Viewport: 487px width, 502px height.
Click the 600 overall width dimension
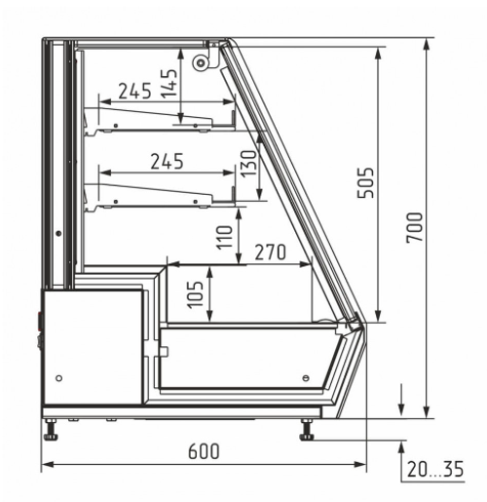pyautogui.click(x=204, y=451)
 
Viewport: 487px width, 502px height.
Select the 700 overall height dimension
pyautogui.click(x=415, y=227)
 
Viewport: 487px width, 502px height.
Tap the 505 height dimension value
pyautogui.click(x=365, y=182)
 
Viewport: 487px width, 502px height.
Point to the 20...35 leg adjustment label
pyautogui.click(x=435, y=469)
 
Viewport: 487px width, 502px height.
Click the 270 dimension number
pyautogui.click(x=271, y=252)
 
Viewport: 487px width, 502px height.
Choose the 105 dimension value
pyautogui.click(x=195, y=294)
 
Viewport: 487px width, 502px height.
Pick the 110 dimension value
pyautogui.click(x=225, y=238)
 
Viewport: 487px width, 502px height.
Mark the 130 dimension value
pyautogui.click(x=249, y=163)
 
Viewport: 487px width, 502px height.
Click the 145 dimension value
pyautogui.click(x=169, y=84)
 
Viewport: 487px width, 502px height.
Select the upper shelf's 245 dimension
pyautogui.click(x=134, y=91)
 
